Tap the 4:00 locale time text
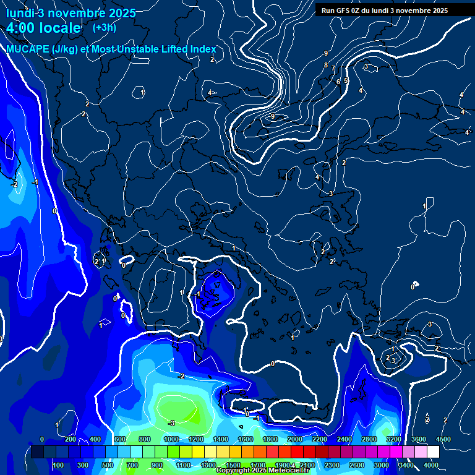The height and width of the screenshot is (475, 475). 43,28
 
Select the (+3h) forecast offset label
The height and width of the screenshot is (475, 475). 105,27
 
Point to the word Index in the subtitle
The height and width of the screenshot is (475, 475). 200,49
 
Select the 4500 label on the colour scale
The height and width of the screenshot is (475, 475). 442,439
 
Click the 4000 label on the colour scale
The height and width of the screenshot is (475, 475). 431,465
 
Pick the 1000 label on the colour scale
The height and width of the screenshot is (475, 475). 171,439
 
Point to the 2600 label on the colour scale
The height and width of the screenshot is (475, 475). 357,465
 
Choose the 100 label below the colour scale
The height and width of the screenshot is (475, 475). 58,465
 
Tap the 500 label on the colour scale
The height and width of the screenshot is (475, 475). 108,465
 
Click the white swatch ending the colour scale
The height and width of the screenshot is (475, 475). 433,452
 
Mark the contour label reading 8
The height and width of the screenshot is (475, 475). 325,65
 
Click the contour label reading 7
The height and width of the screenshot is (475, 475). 333,69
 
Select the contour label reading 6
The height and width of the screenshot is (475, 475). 338,82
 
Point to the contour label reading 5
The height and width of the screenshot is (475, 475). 346,80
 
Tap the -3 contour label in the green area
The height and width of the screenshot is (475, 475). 171,423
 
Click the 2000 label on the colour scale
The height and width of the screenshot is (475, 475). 294,439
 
